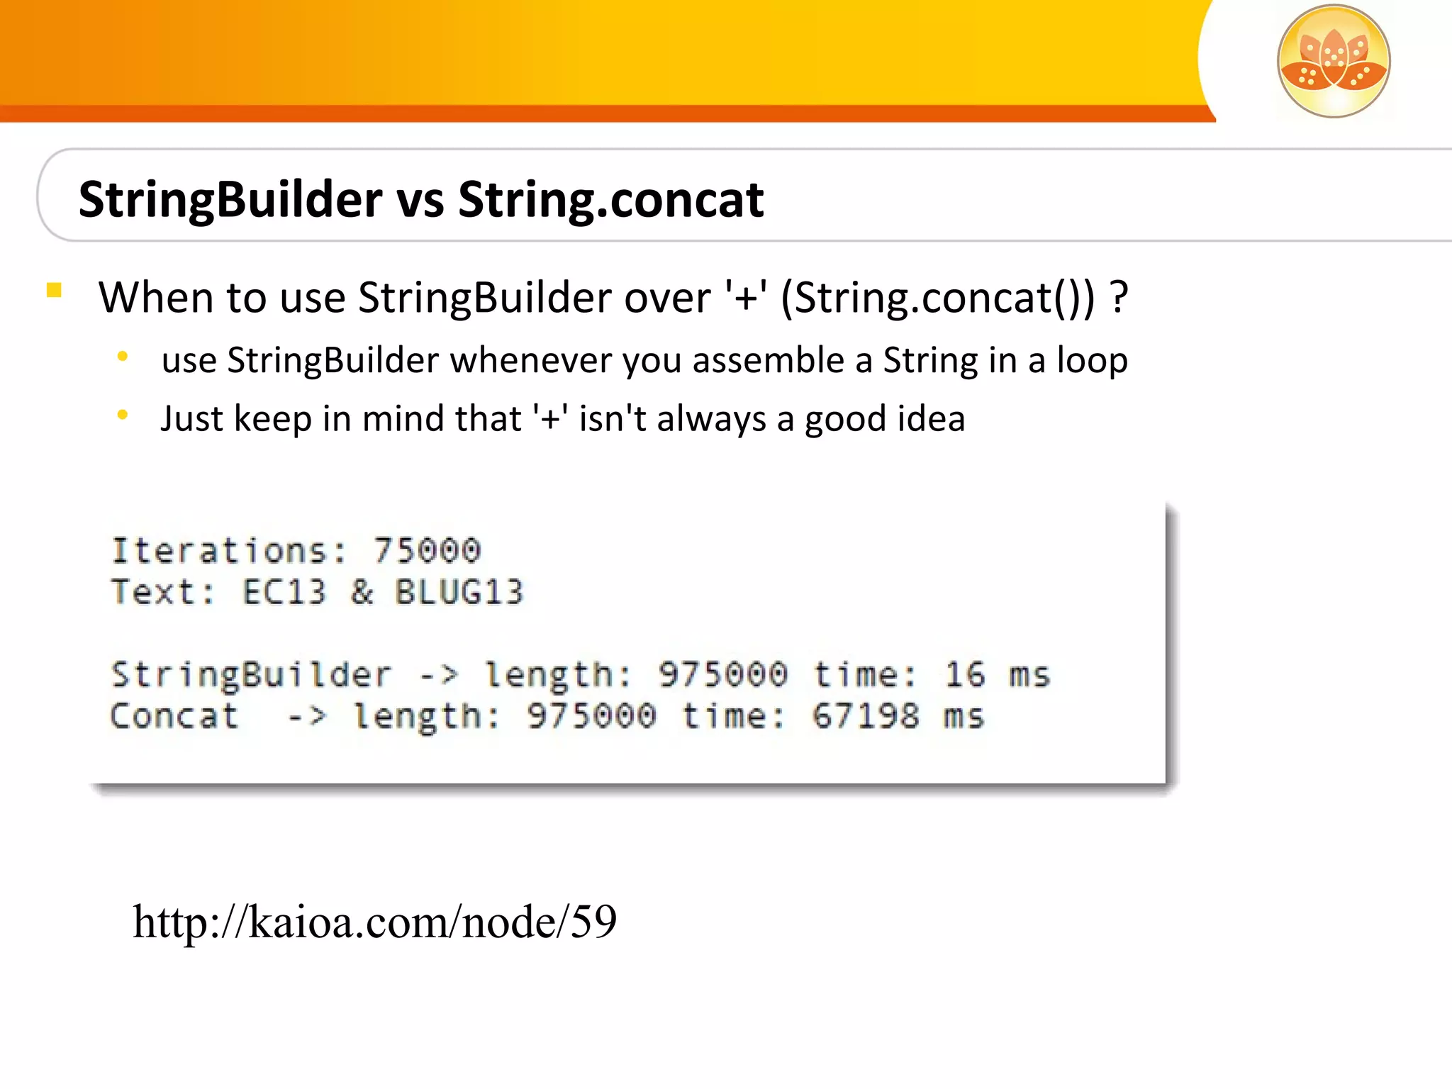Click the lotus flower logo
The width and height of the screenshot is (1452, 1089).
[1333, 61]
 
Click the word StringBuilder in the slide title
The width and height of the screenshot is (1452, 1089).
[230, 199]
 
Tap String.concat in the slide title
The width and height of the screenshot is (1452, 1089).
[610, 199]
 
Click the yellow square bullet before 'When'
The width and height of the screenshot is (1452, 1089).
[54, 290]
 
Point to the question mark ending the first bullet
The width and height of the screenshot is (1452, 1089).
[1118, 297]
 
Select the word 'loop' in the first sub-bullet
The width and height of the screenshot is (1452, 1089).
[1092, 360]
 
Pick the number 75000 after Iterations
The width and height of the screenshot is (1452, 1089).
[428, 551]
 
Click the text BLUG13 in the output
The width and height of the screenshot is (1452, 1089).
[459, 592]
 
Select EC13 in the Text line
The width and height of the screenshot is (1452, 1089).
[284, 592]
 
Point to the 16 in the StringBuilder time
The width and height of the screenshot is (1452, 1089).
[964, 674]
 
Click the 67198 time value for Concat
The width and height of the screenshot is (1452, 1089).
[865, 716]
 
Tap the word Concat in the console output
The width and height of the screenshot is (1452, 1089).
[174, 716]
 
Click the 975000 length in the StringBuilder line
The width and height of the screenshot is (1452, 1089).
[722, 674]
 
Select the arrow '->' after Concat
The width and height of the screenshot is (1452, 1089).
[307, 716]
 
